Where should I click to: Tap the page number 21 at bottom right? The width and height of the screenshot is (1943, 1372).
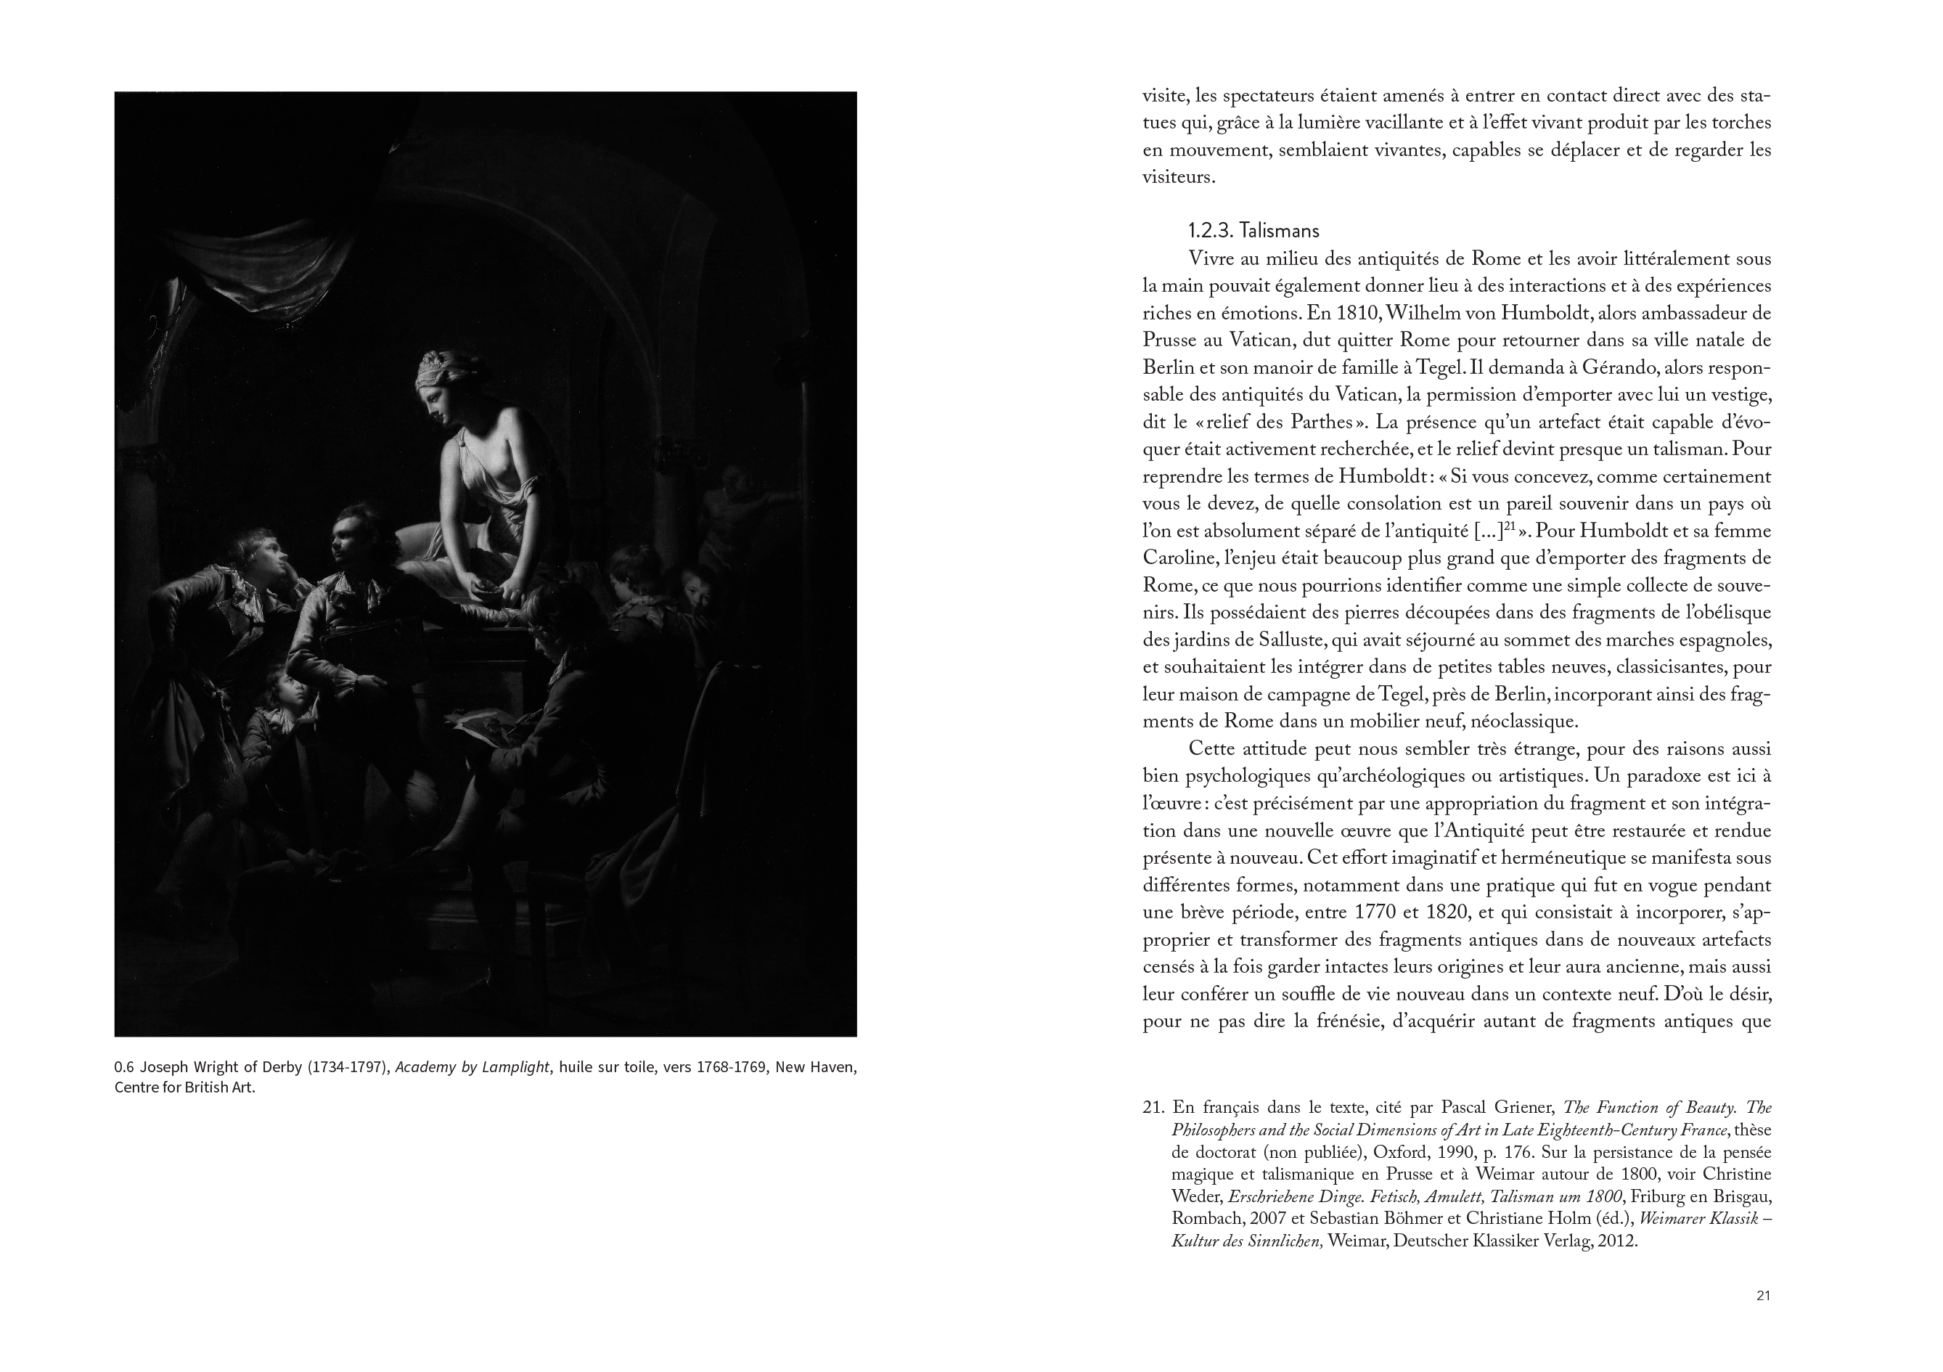point(1764,1295)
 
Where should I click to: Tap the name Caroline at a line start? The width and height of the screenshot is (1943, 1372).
point(1179,559)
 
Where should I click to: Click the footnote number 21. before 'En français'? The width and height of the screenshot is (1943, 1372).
point(1153,1108)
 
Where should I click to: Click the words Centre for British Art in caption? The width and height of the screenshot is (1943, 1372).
point(184,1087)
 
